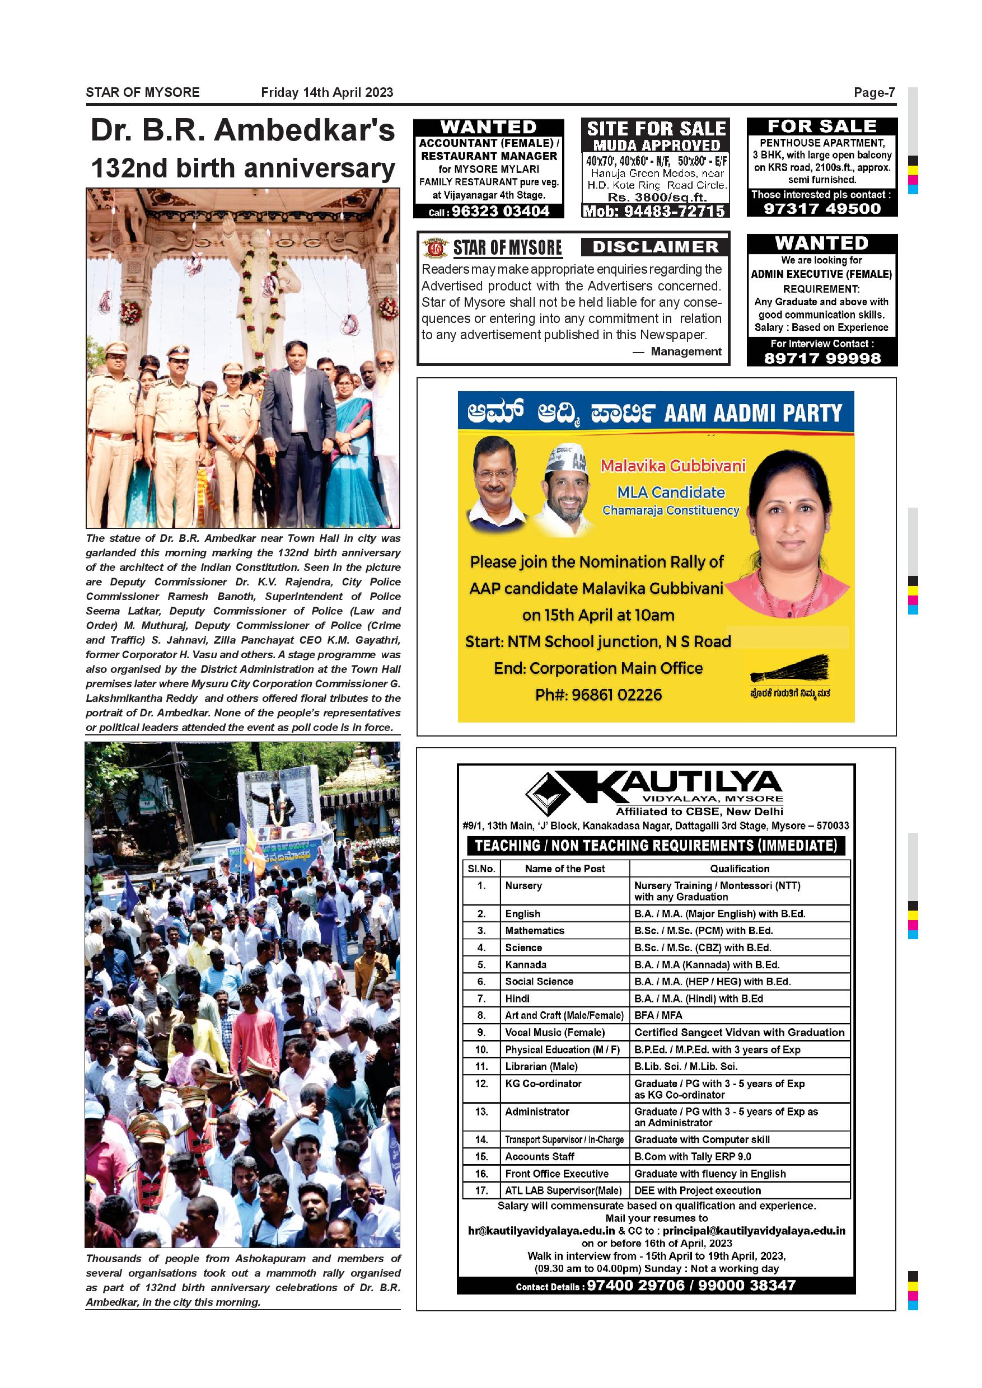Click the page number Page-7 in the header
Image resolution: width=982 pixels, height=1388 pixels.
point(874,92)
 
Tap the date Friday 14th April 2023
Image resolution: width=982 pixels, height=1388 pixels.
point(326,92)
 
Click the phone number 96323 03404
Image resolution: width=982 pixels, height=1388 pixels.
point(500,211)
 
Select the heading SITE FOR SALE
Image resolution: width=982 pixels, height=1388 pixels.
point(656,128)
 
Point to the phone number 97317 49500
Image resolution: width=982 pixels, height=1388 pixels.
point(822,209)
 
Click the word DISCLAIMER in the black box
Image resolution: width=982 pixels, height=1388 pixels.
point(656,247)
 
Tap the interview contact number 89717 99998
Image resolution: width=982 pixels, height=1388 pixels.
point(822,358)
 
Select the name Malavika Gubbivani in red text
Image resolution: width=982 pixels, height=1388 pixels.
point(672,466)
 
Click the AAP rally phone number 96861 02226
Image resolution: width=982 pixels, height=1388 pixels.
point(598,695)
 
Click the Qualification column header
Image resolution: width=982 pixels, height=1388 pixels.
point(740,868)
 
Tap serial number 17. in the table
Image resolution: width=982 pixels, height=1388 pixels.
point(481,1190)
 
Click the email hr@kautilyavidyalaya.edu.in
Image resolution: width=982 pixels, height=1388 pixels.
point(541,1230)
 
